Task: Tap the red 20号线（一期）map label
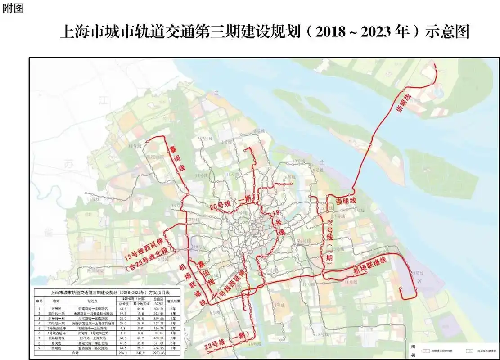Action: [x=231, y=203]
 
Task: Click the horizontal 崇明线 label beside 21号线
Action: [x=346, y=201]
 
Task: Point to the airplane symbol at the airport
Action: [x=420, y=281]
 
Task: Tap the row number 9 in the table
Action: [x=39, y=348]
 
